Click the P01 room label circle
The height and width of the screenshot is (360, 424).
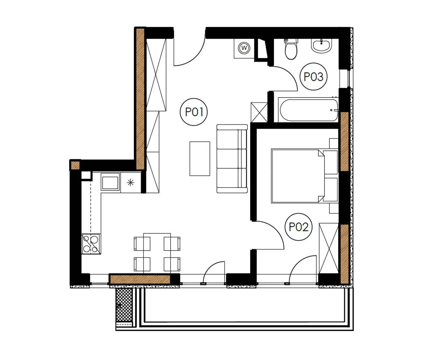coord(194,112)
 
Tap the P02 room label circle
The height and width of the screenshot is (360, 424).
coord(299,227)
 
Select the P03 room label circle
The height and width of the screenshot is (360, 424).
coord(313,76)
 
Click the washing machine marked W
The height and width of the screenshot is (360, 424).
coord(244,48)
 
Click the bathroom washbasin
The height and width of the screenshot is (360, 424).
coord(322,46)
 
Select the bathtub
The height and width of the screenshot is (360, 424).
coord(308,110)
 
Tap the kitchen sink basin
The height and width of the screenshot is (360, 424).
coord(110,181)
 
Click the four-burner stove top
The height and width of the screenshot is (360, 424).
coord(91,244)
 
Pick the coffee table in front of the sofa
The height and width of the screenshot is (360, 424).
coord(200,159)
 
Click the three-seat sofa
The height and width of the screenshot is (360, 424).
coord(232,159)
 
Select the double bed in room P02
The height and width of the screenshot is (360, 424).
coord(305,176)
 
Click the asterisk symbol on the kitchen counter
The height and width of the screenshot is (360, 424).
coord(131,183)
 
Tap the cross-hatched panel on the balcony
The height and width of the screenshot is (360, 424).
coord(124,305)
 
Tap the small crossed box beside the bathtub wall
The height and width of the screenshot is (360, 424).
coord(259,112)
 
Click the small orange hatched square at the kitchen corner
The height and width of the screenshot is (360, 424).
coord(75,165)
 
